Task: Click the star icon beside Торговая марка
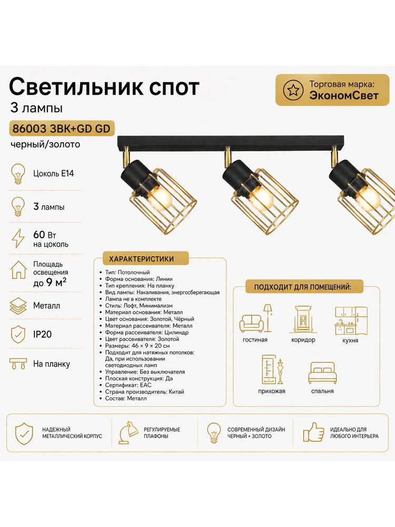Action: click(291, 90)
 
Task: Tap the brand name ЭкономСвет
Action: click(343, 95)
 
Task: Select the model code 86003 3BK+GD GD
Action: click(62, 129)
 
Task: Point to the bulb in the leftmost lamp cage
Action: click(160, 198)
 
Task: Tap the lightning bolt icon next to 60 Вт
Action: click(18, 238)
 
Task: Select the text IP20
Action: click(42, 334)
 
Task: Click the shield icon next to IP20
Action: click(18, 334)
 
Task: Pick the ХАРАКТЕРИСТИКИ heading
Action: click(141, 259)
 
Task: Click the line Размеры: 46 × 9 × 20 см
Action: click(137, 346)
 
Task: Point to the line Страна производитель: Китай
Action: click(144, 392)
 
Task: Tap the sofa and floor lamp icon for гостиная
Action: click(256, 318)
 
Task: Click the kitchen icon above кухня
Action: click(351, 320)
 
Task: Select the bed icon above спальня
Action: click(322, 373)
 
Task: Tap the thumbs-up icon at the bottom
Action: click(313, 432)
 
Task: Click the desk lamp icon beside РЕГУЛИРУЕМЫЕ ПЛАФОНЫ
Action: click(128, 433)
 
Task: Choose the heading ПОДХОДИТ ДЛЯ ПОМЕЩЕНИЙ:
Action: click(303, 287)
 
